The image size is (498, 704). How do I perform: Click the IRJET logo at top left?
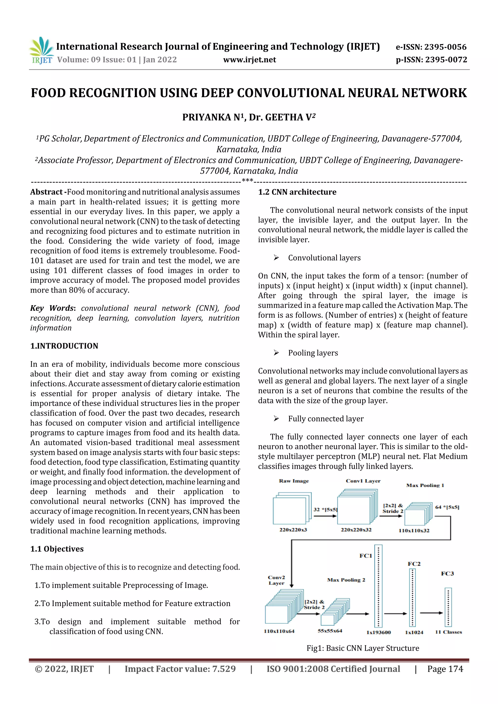(41, 50)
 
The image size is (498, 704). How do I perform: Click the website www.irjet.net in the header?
(249, 60)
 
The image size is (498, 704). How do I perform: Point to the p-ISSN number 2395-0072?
(446, 60)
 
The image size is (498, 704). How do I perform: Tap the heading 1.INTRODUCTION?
(64, 346)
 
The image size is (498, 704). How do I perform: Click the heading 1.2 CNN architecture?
(297, 192)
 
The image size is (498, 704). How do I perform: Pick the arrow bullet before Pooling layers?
(276, 353)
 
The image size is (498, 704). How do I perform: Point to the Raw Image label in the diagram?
(294, 481)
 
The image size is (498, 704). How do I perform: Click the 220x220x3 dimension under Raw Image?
(293, 530)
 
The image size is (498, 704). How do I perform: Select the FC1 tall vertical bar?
(378, 586)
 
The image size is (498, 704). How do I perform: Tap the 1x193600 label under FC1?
(379, 632)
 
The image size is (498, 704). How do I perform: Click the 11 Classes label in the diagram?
(448, 632)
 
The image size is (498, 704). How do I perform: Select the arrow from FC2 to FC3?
(431, 613)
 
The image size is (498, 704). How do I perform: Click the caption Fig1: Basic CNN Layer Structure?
(363, 648)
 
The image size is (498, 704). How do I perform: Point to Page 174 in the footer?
(445, 669)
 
